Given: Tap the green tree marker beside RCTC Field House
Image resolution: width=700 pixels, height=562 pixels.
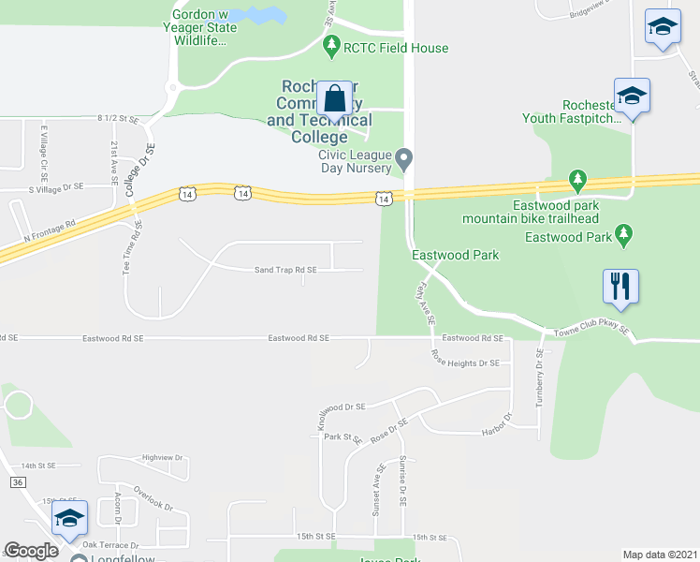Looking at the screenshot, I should [330, 44].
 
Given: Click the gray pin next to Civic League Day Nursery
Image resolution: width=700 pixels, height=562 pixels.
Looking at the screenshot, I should [404, 156].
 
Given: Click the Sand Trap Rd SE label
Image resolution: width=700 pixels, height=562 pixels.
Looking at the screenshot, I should [285, 270].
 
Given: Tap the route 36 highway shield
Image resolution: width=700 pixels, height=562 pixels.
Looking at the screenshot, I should [17, 481].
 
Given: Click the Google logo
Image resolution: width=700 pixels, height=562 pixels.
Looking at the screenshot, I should [30, 551].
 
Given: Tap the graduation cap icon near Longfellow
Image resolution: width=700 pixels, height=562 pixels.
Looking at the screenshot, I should [69, 518].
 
